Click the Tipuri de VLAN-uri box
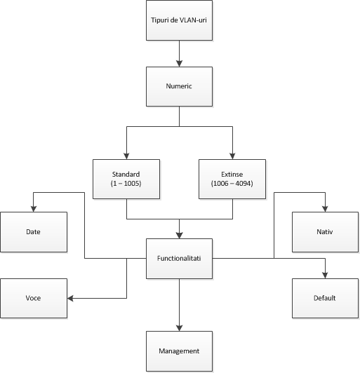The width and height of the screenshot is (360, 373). [179, 20]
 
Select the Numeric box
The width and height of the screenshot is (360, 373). [179, 87]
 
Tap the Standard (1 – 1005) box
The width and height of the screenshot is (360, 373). [126, 179]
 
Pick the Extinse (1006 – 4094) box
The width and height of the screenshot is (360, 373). [232, 179]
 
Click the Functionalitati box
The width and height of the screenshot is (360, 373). [179, 259]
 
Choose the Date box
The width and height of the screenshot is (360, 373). [34, 232]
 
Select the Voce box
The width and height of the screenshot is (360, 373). [34, 298]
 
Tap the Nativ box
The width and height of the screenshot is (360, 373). [325, 232]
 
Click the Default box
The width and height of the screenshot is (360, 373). [325, 298]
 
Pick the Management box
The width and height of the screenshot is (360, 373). [179, 351]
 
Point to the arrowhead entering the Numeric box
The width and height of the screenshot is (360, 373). [179, 64]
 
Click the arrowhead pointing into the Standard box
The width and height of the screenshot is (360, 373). [126, 156]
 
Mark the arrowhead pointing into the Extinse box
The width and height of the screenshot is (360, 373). [232, 156]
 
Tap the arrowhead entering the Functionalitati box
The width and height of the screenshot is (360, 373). [179, 236]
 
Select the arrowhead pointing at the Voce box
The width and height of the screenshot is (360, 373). [70, 298]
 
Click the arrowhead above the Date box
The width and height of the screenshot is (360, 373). [34, 209]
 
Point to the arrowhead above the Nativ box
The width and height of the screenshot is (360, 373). [325, 209]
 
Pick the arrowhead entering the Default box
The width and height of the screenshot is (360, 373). [325, 276]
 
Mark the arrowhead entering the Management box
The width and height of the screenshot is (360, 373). [179, 328]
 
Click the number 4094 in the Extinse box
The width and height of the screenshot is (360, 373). [244, 184]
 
